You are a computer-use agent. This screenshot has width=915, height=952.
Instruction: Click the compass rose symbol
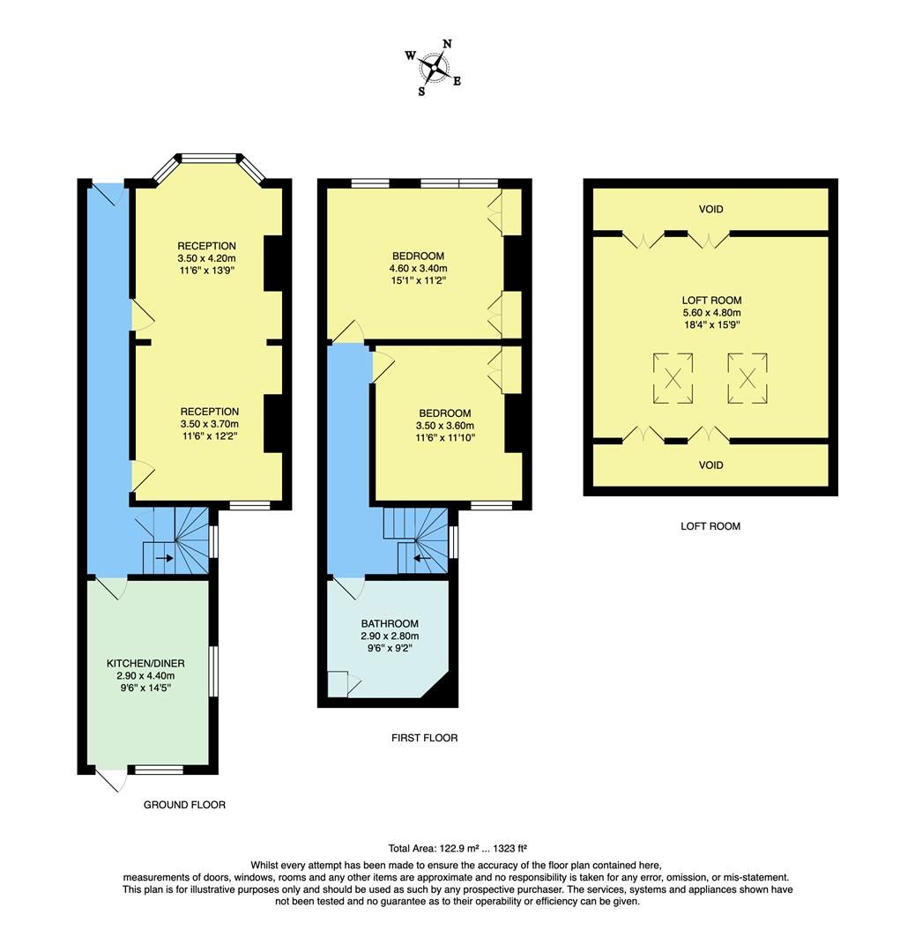click(x=434, y=66)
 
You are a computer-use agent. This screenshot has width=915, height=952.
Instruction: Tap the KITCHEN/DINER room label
click(x=146, y=662)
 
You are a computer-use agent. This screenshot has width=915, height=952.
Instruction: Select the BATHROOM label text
click(x=389, y=623)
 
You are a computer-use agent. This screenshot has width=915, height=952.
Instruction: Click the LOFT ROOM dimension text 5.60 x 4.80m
click(x=710, y=312)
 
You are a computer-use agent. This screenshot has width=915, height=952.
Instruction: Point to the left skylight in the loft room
click(x=673, y=378)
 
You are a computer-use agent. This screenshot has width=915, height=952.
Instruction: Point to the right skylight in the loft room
click(x=748, y=378)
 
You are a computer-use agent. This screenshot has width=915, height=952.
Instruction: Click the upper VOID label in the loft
click(x=710, y=209)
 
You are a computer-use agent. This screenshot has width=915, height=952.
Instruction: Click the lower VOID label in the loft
click(x=710, y=465)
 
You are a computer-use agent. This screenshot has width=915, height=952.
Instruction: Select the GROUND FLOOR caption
click(x=184, y=805)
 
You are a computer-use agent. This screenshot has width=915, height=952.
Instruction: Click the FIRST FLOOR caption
click(x=424, y=738)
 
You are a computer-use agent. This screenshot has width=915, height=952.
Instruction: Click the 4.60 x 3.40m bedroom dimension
click(x=418, y=269)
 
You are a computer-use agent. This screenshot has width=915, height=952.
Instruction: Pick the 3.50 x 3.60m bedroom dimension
click(x=444, y=426)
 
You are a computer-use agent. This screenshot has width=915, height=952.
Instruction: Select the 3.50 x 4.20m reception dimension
click(x=206, y=258)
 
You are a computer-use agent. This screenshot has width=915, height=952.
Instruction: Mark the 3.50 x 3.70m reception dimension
click(x=209, y=424)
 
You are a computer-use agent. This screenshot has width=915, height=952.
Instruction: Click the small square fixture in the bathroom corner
click(x=337, y=683)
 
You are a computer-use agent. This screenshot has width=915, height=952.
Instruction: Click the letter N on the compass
click(x=447, y=44)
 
